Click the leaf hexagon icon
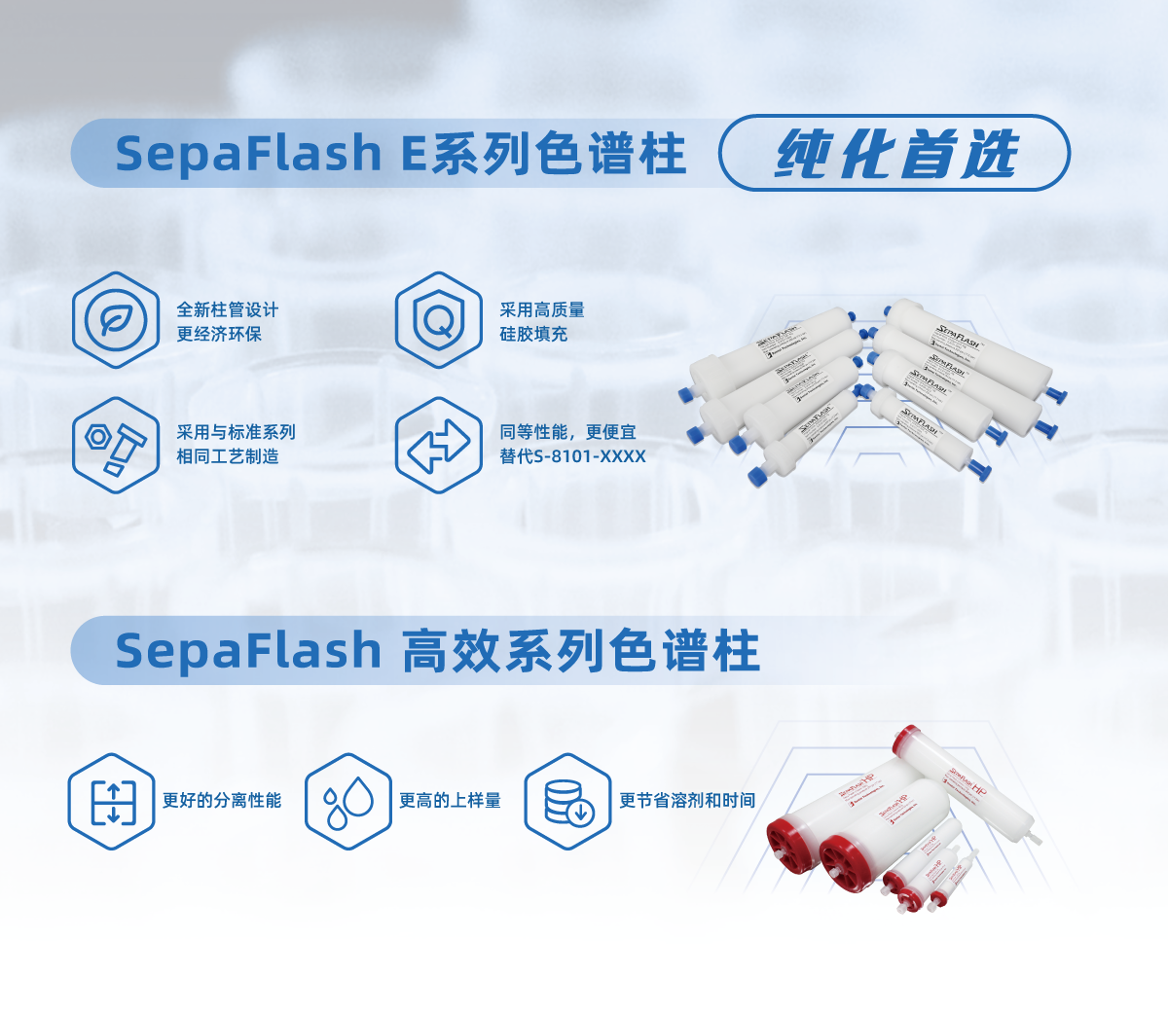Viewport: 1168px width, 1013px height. tap(116, 320)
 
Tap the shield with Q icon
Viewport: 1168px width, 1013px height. tap(438, 320)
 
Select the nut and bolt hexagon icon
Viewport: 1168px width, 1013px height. tap(116, 445)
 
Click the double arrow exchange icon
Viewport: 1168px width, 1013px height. tap(438, 446)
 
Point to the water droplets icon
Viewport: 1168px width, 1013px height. tap(347, 801)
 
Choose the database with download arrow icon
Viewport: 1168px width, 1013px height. tap(567, 801)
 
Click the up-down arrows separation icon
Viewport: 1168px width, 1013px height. tap(112, 801)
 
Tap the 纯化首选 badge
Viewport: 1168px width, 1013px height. tap(894, 154)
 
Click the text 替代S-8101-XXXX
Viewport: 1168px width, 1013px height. tap(572, 456)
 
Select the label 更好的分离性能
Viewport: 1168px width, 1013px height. tap(222, 801)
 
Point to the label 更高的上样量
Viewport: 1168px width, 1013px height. tap(450, 801)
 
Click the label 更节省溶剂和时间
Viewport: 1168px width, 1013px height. tap(687, 801)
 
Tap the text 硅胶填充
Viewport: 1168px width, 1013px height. tap(533, 334)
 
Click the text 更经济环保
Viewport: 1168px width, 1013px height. tap(219, 334)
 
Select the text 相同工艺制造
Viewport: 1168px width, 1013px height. tap(228, 456)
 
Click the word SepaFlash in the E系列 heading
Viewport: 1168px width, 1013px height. tap(248, 154)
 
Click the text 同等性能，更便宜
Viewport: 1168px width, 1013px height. tap(567, 432)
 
